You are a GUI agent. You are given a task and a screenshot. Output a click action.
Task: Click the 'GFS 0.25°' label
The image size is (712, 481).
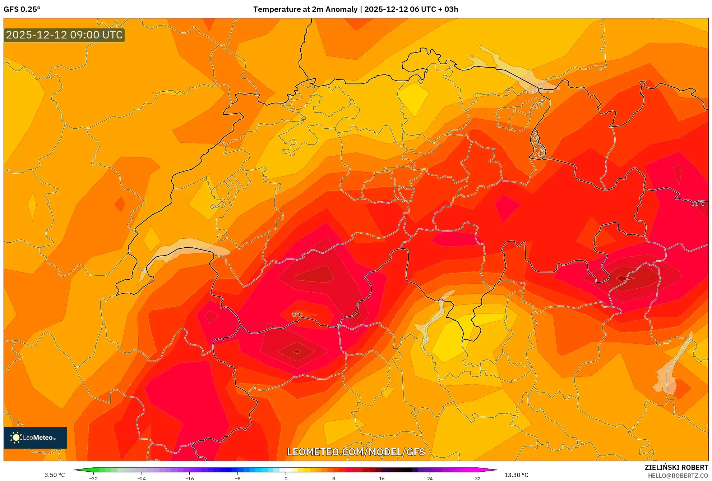pyautogui.click(x=22, y=9)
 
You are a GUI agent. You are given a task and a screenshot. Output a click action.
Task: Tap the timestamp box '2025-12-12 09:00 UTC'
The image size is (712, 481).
pyautogui.click(x=64, y=35)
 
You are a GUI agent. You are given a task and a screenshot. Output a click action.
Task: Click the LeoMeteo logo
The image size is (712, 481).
pyautogui.click(x=35, y=438)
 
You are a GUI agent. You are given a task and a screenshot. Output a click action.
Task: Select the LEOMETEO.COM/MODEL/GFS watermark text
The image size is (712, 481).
pyautogui.click(x=356, y=452)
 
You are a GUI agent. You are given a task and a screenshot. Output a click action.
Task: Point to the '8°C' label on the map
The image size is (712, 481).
pyautogui.click(x=297, y=315)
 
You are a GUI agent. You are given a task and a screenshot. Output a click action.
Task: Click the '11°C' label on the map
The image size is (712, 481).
pyautogui.click(x=698, y=204)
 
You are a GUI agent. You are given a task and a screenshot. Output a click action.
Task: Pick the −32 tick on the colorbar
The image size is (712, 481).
pyautogui.click(x=93, y=478)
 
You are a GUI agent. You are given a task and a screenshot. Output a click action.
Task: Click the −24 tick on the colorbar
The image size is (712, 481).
pyautogui.click(x=142, y=478)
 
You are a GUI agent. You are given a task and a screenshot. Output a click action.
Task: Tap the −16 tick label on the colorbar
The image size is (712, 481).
pyautogui.click(x=190, y=478)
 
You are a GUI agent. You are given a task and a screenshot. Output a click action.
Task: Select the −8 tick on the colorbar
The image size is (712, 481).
pyautogui.click(x=238, y=478)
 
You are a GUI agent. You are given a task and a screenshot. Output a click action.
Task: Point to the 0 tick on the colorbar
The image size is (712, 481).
pyautogui.click(x=286, y=478)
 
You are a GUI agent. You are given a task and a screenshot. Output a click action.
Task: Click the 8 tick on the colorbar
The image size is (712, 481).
pyautogui.click(x=334, y=478)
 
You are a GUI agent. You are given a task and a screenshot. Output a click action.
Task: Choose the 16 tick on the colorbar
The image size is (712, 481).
pyautogui.click(x=382, y=478)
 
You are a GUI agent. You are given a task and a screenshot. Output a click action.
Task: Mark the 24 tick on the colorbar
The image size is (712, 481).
pyautogui.click(x=430, y=478)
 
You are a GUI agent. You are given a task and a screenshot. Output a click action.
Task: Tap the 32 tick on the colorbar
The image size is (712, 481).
pyautogui.click(x=478, y=478)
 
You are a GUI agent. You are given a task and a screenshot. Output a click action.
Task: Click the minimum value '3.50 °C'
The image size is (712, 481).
pyautogui.click(x=55, y=475)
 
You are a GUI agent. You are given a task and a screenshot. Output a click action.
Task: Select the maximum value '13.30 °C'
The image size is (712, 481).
pyautogui.click(x=516, y=475)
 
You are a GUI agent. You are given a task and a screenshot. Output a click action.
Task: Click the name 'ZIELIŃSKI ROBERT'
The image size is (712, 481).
pyautogui.click(x=676, y=467)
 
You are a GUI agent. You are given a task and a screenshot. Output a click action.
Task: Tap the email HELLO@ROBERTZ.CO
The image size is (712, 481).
pyautogui.click(x=678, y=476)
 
